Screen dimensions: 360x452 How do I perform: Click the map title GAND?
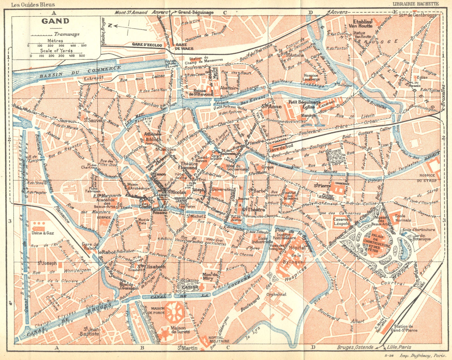tap(55, 21)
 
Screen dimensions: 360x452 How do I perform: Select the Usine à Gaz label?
tap(43, 233)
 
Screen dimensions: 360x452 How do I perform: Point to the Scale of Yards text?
tap(56, 51)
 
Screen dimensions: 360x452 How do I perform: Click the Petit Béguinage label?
tap(304, 102)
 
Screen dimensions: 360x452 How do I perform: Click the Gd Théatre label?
tap(253, 210)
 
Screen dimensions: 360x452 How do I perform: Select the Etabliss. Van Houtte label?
tap(363, 23)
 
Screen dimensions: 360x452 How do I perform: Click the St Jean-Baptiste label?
tap(91, 331)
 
